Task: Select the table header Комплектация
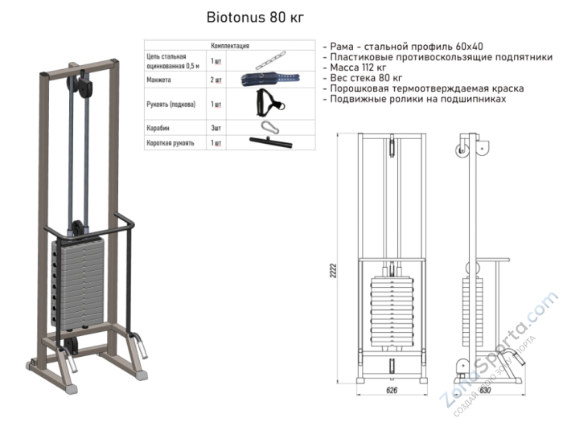(x=229, y=47)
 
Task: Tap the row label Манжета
(x=160, y=80)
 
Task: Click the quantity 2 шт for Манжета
(x=216, y=80)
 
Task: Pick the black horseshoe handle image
(x=265, y=103)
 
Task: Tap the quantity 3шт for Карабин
(x=216, y=127)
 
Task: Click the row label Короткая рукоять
(x=171, y=142)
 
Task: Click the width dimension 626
(x=391, y=390)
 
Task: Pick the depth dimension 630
(x=484, y=390)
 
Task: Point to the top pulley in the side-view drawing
(x=462, y=151)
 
